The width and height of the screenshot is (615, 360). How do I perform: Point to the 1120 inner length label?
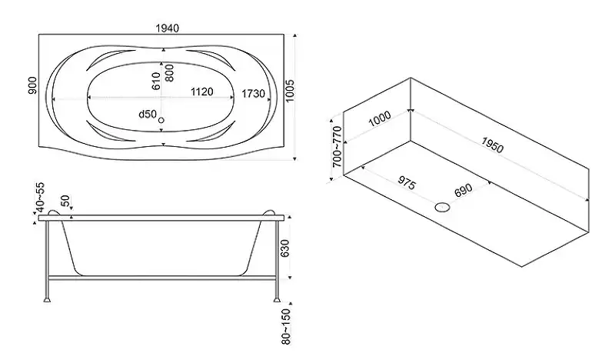click(x=201, y=92)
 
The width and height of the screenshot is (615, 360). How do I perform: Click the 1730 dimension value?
click(x=253, y=92)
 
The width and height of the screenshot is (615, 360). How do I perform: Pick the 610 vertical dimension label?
click(x=156, y=79)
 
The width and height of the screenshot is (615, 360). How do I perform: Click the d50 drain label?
click(x=147, y=115)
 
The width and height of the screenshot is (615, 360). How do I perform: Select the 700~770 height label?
click(x=337, y=148)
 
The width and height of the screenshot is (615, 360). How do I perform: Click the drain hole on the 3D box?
click(x=442, y=206)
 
